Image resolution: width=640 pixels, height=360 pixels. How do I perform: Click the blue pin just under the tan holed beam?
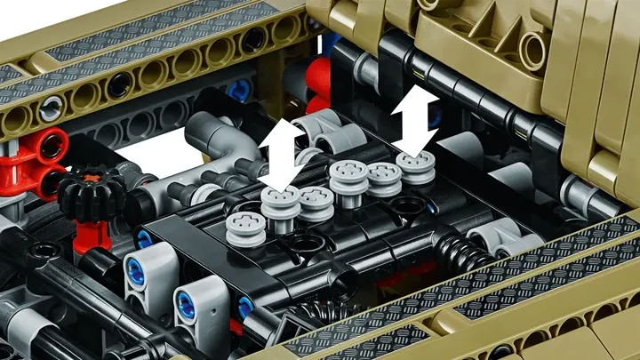(238, 90)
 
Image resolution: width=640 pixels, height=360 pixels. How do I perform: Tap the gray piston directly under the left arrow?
(281, 209)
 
